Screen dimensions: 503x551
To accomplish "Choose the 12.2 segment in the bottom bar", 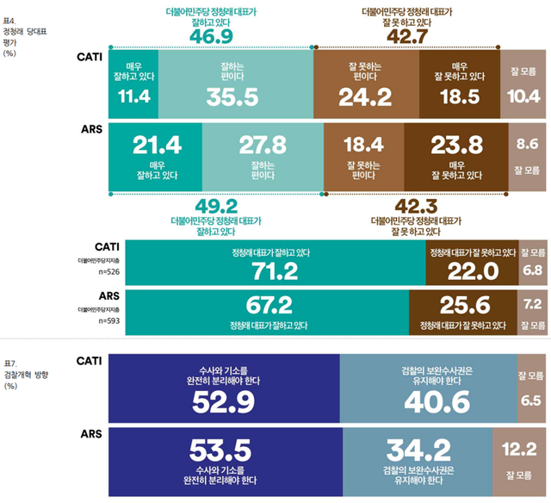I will tap(519, 459).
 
